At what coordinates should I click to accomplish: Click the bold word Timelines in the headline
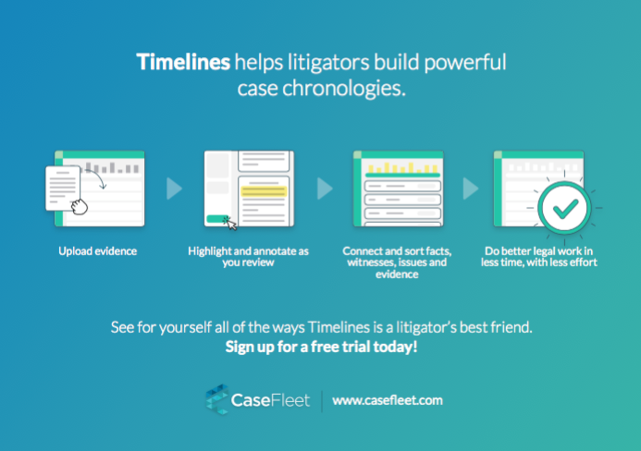click(183, 63)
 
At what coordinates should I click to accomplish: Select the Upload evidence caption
click(98, 250)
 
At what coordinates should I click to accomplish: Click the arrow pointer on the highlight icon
click(231, 224)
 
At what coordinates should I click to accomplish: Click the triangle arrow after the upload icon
click(174, 189)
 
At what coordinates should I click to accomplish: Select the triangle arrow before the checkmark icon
click(471, 189)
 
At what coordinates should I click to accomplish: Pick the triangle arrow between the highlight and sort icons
click(325, 189)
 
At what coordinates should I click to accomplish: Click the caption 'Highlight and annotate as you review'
click(247, 256)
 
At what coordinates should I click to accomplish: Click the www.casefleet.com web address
click(388, 400)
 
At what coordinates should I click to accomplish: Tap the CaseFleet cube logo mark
click(218, 400)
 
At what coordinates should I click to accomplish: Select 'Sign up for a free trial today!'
click(321, 347)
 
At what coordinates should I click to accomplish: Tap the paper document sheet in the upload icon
click(62, 188)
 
